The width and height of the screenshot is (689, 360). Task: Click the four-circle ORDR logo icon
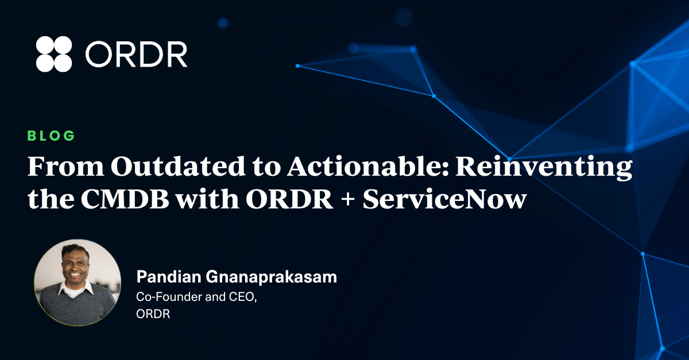tap(54, 54)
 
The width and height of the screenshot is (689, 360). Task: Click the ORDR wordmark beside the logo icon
tap(136, 55)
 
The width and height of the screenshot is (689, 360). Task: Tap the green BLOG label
tap(51, 136)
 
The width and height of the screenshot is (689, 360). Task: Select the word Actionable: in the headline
tap(368, 166)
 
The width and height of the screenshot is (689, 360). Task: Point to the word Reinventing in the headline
tap(544, 168)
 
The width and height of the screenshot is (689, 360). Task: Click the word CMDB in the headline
tap(125, 199)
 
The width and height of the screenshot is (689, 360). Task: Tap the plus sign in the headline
tap(348, 200)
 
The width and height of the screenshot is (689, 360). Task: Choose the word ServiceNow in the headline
tap(444, 199)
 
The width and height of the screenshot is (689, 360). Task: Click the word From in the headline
tap(66, 166)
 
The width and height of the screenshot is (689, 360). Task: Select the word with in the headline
tap(208, 199)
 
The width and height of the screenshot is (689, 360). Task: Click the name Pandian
tap(169, 277)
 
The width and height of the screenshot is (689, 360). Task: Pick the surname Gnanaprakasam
tap(271, 277)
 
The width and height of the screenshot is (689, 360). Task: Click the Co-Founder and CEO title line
tap(196, 297)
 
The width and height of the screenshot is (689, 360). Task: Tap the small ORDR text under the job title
tap(153, 314)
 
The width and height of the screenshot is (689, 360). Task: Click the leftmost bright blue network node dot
tap(297, 66)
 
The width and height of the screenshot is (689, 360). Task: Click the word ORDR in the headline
tap(289, 199)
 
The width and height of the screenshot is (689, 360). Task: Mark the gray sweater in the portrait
tap(77, 308)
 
